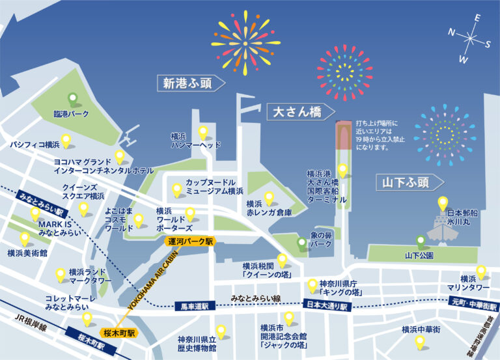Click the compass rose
coord(470,38)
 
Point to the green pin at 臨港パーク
coord(74,100)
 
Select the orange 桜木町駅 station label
coord(118,332)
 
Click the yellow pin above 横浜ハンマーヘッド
coord(202,132)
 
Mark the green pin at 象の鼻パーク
coord(301,243)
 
